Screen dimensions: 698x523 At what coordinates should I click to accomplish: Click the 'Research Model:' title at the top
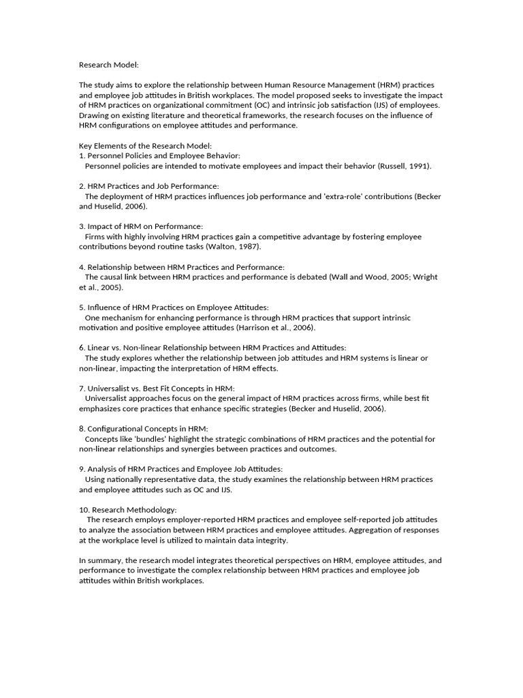pos(109,65)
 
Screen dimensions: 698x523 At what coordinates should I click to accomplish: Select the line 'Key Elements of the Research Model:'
pos(146,146)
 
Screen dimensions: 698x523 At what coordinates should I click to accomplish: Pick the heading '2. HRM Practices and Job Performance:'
pos(149,186)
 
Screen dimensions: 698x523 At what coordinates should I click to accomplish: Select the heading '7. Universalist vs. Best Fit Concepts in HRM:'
pos(157,388)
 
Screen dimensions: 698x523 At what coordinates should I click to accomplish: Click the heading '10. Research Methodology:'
pos(128,509)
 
